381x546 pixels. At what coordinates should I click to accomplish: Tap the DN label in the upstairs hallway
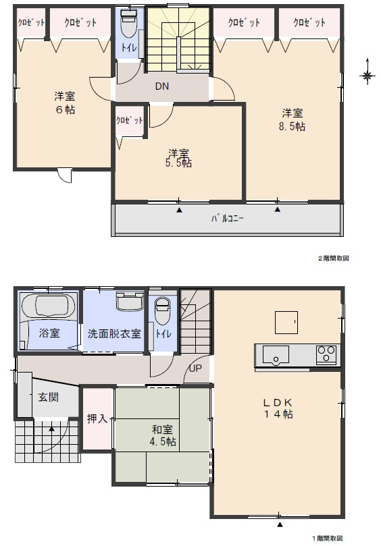pos(162,86)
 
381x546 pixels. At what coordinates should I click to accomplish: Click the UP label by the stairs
pos(195,368)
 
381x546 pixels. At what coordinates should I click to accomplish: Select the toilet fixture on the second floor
pos(128,23)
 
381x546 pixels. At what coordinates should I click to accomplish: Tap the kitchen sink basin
pos(276,354)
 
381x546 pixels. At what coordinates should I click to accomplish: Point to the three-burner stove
pos(326,355)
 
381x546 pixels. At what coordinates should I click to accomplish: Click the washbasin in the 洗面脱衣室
pos(130,300)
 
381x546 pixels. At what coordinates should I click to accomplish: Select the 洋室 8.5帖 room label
pos(292,119)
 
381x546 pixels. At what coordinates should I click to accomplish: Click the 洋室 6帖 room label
pos(64,103)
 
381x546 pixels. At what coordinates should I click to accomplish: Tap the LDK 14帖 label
pos(278,408)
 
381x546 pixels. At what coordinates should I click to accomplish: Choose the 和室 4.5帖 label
pos(162,435)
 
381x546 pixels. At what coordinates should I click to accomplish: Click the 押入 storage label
pos(97,418)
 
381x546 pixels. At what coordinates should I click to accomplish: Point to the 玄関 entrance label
pos(49,397)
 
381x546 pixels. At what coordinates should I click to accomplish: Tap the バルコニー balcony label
pos(227,219)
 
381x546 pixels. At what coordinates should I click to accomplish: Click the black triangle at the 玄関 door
pos(51,429)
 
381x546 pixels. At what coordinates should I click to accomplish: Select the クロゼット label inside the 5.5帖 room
pos(129,121)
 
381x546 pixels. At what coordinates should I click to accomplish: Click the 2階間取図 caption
pos(333,258)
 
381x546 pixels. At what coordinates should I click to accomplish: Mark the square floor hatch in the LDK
pos(286,323)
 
